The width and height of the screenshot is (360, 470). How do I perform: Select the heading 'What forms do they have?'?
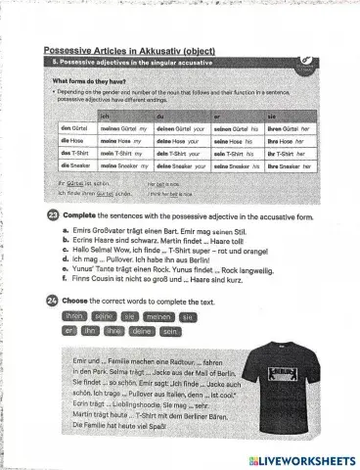click(x=88, y=80)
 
